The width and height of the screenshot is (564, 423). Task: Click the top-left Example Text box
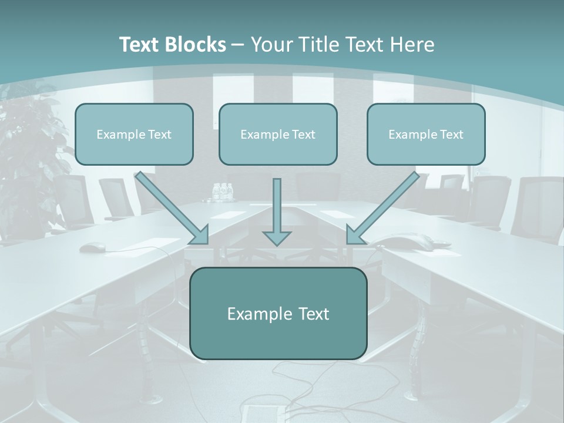click(x=134, y=134)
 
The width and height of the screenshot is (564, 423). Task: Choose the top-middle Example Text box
click(x=278, y=134)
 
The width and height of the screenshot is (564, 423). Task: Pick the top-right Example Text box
click(x=426, y=134)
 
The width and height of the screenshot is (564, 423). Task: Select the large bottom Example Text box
click(x=278, y=313)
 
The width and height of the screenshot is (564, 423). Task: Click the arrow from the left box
click(x=170, y=207)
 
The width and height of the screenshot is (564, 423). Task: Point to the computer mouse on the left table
click(x=90, y=247)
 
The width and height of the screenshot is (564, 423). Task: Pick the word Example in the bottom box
click(x=251, y=314)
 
